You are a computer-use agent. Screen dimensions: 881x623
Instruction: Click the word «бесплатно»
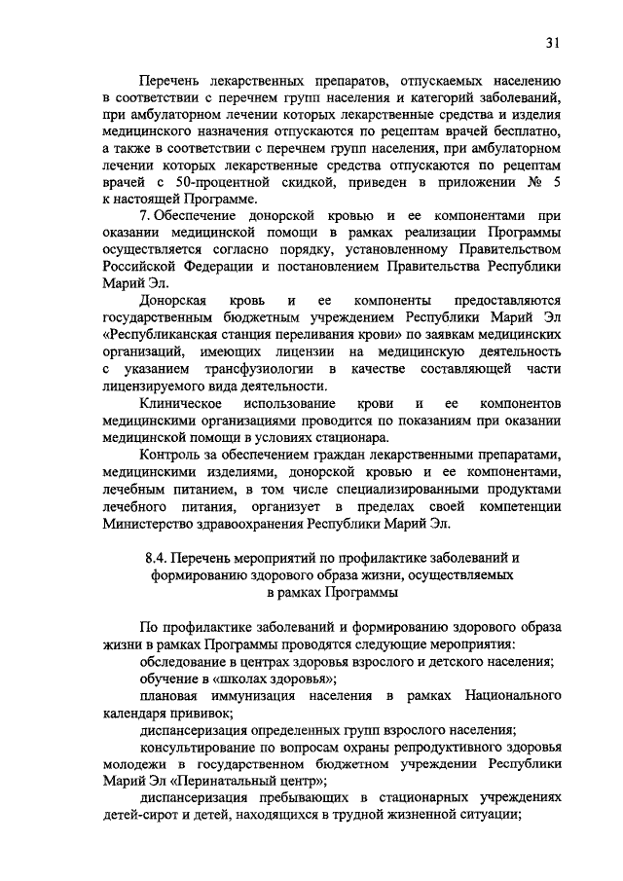point(522,130)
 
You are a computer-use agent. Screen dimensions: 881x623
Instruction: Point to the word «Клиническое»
point(181,402)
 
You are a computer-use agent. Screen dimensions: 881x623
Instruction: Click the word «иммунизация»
point(264,696)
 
